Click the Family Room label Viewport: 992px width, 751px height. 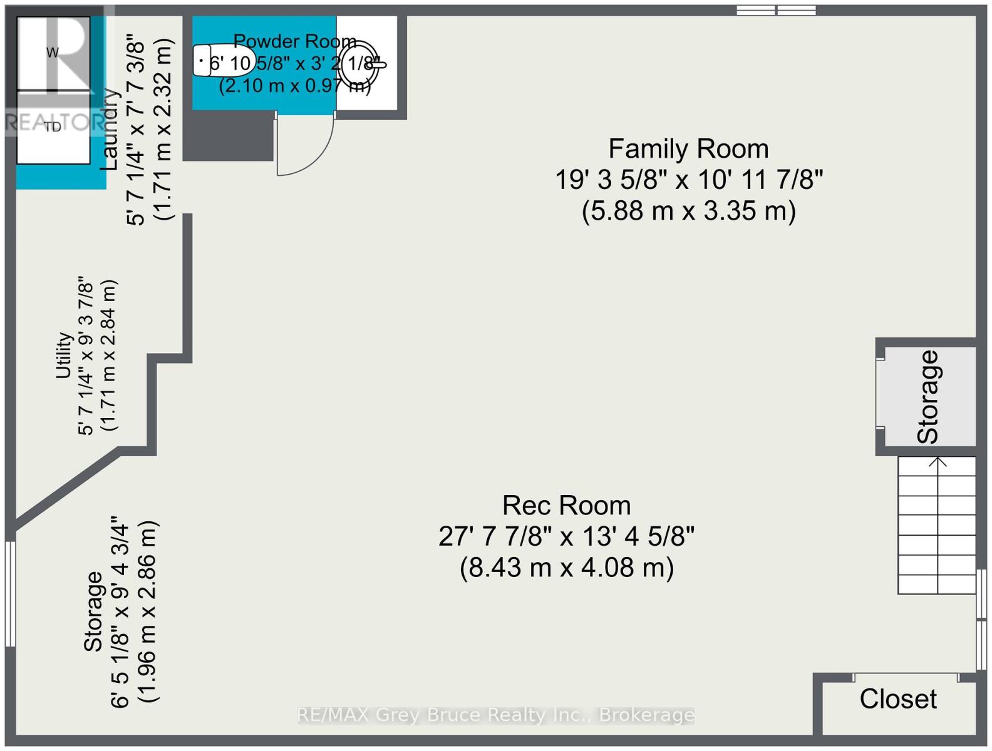pyautogui.click(x=688, y=149)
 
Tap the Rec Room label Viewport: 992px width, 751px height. pyautogui.click(x=566, y=506)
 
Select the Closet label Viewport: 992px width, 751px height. pyautogui.click(x=898, y=699)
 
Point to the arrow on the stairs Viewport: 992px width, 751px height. pyautogui.click(x=938, y=463)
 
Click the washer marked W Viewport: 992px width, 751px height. pyautogui.click(x=53, y=53)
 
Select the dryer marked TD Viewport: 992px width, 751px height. pyautogui.click(x=53, y=128)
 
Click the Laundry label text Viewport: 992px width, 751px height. pyautogui.click(x=110, y=129)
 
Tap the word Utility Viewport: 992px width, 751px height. pyautogui.click(x=63, y=355)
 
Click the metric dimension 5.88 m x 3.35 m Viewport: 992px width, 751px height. pyautogui.click(x=688, y=211)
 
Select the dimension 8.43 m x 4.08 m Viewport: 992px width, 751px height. pyautogui.click(x=566, y=568)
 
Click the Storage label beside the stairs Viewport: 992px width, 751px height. pyautogui.click(x=928, y=396)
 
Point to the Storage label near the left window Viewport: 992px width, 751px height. pyautogui.click(x=93, y=611)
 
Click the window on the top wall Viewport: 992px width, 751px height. pyautogui.click(x=776, y=10)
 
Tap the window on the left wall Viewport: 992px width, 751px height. pyautogui.click(x=10, y=593)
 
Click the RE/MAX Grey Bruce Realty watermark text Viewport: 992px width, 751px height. pyautogui.click(x=495, y=715)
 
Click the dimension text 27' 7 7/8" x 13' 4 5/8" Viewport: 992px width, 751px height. pyautogui.click(x=566, y=536)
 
